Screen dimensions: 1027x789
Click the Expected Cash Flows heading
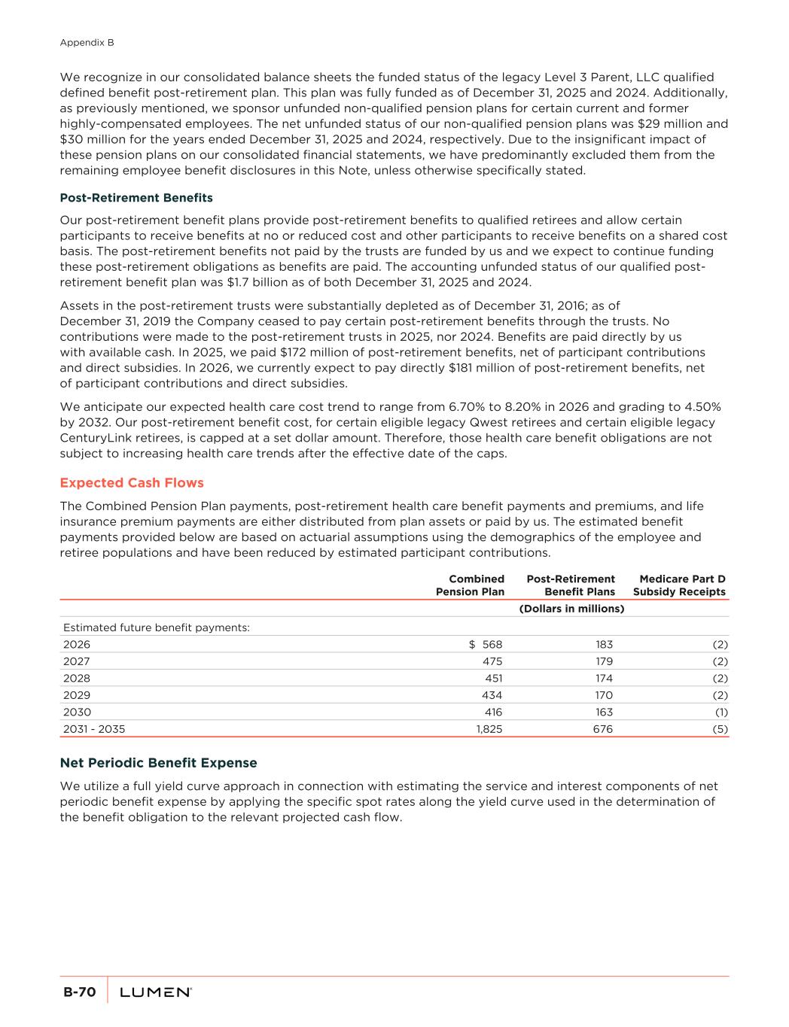[x=132, y=482]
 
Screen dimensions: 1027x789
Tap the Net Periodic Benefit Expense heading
[x=158, y=763]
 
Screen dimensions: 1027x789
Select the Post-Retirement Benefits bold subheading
[x=136, y=198]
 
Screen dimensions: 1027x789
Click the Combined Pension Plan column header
[x=471, y=585]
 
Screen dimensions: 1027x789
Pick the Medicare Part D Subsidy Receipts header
[x=680, y=585]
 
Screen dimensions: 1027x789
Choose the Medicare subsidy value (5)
[x=720, y=729]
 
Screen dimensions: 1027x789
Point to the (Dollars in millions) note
[x=572, y=609]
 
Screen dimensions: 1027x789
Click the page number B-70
[x=79, y=992]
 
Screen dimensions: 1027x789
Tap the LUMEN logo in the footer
[x=156, y=992]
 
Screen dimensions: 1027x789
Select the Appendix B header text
[x=87, y=43]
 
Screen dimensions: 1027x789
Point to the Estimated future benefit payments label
[x=157, y=627]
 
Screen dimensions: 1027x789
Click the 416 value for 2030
[x=492, y=712]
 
